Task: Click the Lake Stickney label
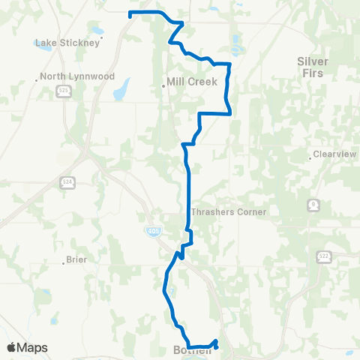tap(67, 43)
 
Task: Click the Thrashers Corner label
tap(229, 212)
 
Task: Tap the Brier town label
tap(76, 259)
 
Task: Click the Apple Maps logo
tap(28, 347)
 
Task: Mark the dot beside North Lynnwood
tap(37, 76)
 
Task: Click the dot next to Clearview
tap(310, 157)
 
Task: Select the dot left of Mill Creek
tap(163, 85)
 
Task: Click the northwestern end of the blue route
tap(130, 13)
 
